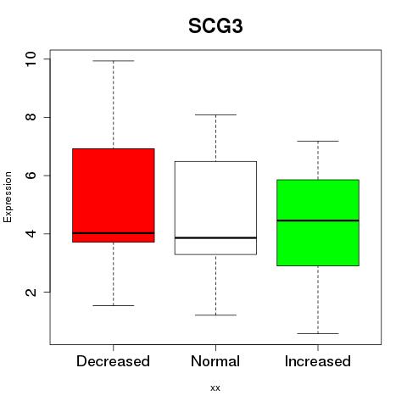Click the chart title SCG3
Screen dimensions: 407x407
pyautogui.click(x=215, y=26)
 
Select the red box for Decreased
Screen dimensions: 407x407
pyautogui.click(x=114, y=195)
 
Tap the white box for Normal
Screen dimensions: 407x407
pyautogui.click(x=215, y=208)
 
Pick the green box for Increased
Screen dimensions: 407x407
pyautogui.click(x=318, y=223)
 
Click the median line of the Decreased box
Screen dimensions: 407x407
pyautogui.click(x=114, y=233)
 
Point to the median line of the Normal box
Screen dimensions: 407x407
pyautogui.click(x=215, y=237)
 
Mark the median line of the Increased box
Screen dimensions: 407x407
pyautogui.click(x=318, y=220)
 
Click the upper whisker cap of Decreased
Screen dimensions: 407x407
pyautogui.click(x=114, y=61)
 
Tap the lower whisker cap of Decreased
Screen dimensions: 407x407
pyautogui.click(x=114, y=305)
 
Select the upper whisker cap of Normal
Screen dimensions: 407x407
pyautogui.click(x=215, y=114)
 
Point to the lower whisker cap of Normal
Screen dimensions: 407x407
pyautogui.click(x=215, y=315)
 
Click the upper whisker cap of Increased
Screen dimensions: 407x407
pyautogui.click(x=318, y=141)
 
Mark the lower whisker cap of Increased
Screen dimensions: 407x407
pyautogui.click(x=318, y=333)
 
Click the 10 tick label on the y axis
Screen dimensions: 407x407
pyautogui.click(x=31, y=59)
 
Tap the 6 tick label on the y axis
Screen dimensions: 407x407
pyautogui.click(x=31, y=176)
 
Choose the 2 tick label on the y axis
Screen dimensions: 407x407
pyautogui.click(x=31, y=292)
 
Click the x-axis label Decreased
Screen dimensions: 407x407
pyautogui.click(x=113, y=361)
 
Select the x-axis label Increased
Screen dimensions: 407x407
pyautogui.click(x=318, y=361)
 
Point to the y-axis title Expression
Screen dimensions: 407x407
pyautogui.click(x=8, y=197)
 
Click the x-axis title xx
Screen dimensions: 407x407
pyautogui.click(x=215, y=388)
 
